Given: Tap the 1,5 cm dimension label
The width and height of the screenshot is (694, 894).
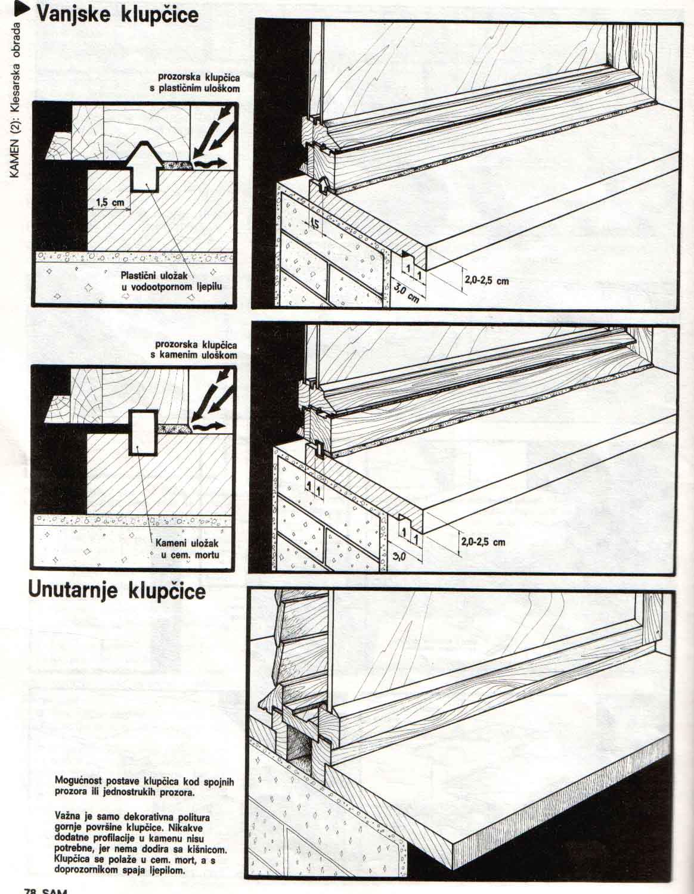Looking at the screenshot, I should click(109, 203).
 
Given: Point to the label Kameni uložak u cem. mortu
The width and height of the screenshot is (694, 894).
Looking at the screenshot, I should click(188, 549).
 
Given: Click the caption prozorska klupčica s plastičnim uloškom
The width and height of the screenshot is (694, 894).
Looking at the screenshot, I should click(197, 83).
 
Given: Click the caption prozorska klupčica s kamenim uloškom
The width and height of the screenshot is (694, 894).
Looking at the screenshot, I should click(196, 350).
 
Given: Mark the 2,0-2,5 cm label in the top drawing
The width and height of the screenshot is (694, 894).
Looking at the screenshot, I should click(485, 280).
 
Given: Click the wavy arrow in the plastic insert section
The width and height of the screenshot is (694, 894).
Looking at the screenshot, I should click(212, 162).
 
